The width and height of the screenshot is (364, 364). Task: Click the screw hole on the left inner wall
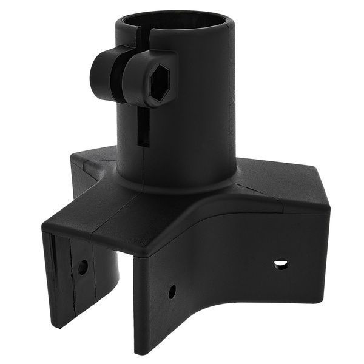83,266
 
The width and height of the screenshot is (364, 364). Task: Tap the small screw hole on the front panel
172,291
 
